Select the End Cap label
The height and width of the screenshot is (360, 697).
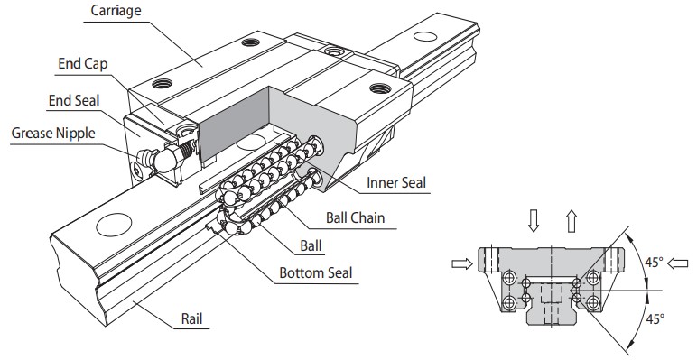coord(83,64)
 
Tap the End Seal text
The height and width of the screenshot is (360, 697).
coord(74,99)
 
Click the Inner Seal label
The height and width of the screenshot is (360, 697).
coord(395,182)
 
